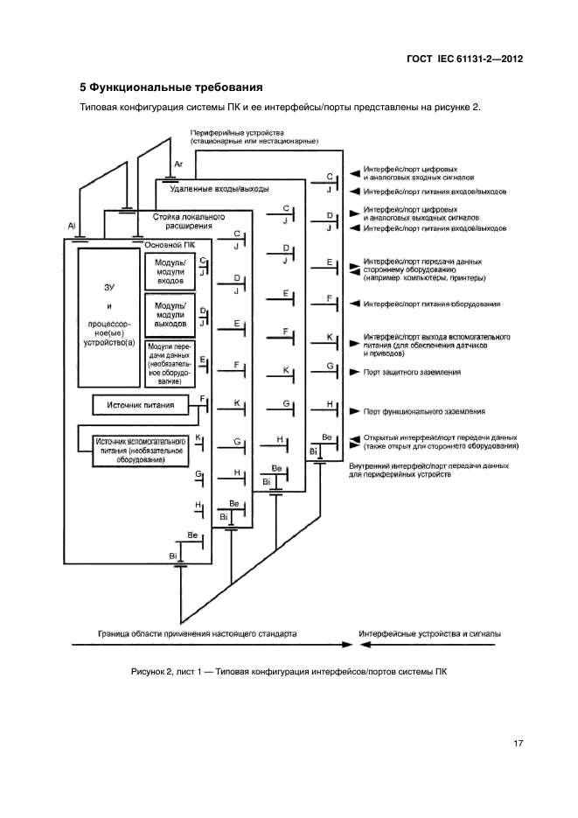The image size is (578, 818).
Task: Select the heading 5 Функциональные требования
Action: click(171, 87)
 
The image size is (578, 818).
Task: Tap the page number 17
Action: click(518, 744)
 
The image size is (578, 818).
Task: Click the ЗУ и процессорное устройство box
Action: click(109, 318)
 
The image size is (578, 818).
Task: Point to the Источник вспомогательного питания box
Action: click(140, 449)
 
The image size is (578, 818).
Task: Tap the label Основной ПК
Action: click(170, 245)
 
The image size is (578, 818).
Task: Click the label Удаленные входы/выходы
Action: click(219, 189)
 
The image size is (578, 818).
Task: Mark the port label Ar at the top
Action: click(178, 164)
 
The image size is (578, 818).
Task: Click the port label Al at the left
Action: click(72, 226)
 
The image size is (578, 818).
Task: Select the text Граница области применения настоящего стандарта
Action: click(197, 631)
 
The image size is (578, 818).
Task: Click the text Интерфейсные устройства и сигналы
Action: click(430, 631)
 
